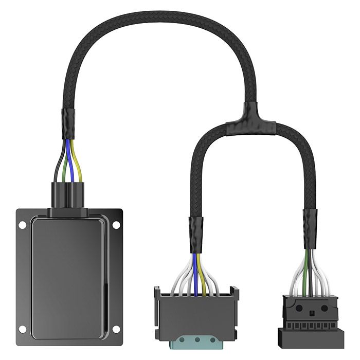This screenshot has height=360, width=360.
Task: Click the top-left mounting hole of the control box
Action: click(22, 225)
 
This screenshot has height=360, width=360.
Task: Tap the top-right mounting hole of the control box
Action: click(116, 225)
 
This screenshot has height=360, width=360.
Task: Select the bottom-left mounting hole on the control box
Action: click(22, 329)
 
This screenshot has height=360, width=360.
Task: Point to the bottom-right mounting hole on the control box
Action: click(116, 329)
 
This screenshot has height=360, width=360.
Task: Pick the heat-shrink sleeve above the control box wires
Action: click(68, 123)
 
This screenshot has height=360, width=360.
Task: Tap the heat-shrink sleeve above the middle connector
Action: click(196, 234)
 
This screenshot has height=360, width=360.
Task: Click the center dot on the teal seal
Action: click(196, 340)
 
